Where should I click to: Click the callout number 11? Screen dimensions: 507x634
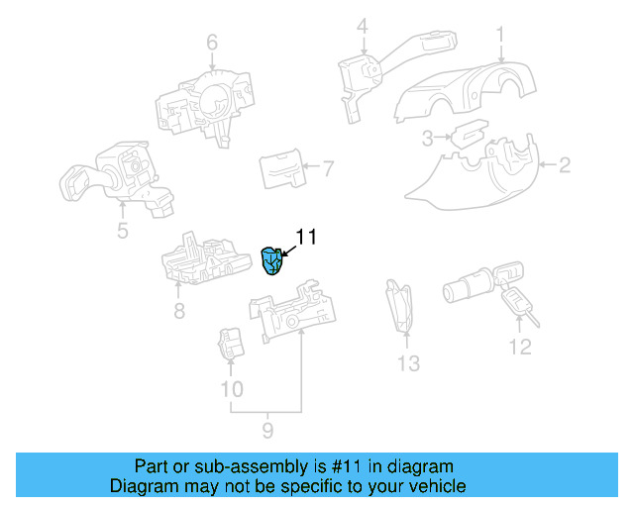(x=306, y=237)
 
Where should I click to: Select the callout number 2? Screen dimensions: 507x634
(x=565, y=165)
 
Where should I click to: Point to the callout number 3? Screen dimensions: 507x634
(x=428, y=138)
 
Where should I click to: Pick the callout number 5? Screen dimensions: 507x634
(x=122, y=232)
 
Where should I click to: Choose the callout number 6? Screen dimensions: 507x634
(x=211, y=43)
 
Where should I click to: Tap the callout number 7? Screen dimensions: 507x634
(x=329, y=169)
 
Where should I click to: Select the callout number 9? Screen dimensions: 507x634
(x=266, y=431)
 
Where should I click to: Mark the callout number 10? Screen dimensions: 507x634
(x=231, y=389)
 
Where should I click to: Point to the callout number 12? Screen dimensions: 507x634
(x=520, y=347)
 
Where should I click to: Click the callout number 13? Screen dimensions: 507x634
(x=409, y=363)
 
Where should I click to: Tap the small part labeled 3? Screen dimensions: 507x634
(x=467, y=134)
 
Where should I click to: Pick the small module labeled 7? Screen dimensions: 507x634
(x=282, y=170)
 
